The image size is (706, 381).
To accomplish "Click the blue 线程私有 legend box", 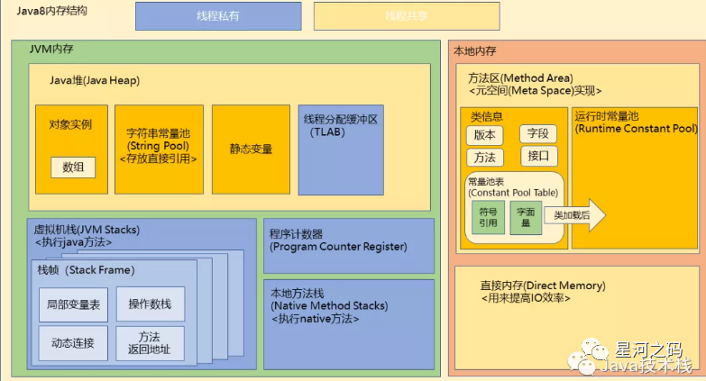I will tap(218, 15).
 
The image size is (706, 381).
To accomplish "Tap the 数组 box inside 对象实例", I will tap(72, 166).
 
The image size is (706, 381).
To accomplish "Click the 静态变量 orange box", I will tap(251, 149).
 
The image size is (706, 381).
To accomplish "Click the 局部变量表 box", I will tap(73, 304).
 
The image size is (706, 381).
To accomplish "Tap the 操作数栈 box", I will tap(150, 304).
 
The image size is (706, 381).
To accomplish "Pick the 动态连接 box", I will tap(73, 342).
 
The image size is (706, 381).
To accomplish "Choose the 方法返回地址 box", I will tap(150, 343).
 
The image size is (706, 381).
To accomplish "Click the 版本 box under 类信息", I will tap(484, 134).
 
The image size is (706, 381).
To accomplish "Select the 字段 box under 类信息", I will tap(538, 134).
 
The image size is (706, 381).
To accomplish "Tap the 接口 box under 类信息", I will tap(538, 156).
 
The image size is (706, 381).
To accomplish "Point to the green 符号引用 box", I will tap(488, 217).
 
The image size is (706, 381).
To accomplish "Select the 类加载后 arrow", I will tap(577, 215).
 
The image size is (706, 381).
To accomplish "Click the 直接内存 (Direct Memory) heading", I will tap(543, 286).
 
